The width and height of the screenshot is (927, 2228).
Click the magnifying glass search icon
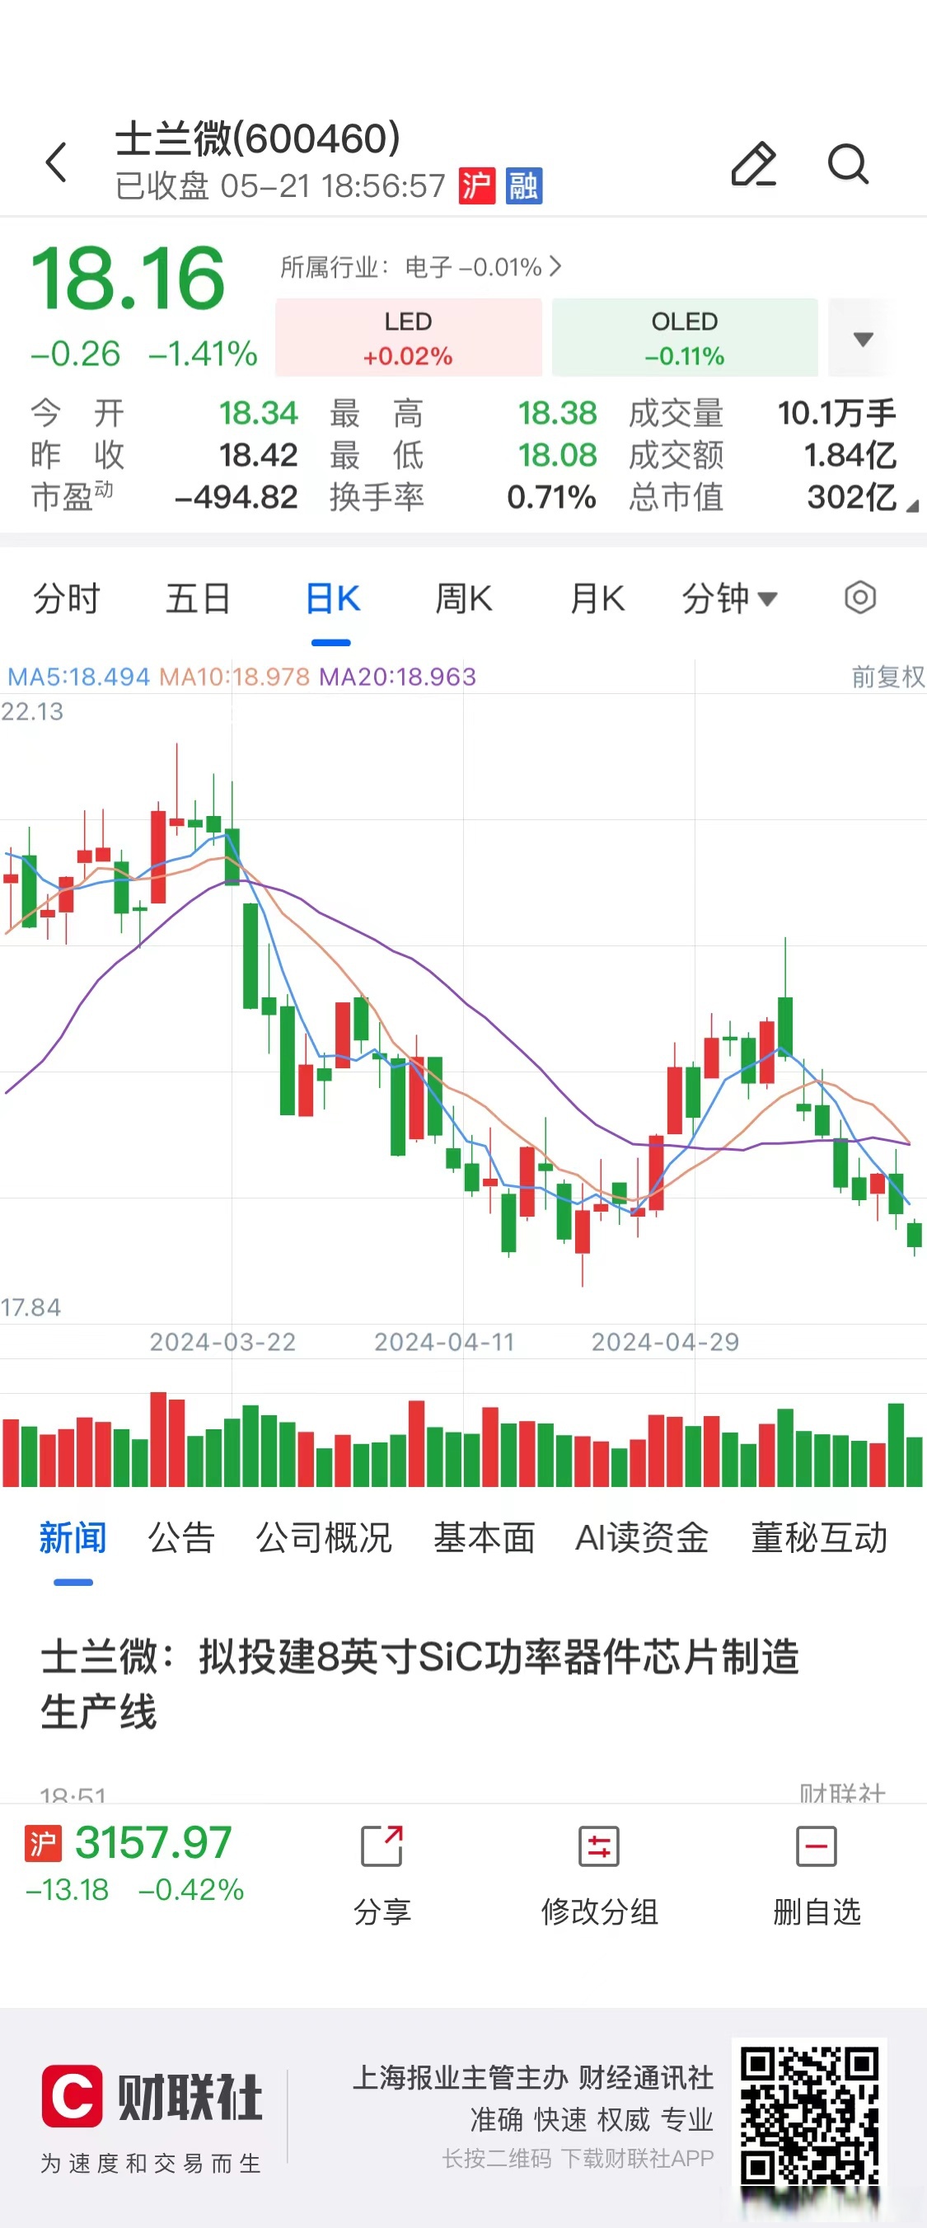tap(847, 163)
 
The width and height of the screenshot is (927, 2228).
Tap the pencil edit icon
tap(753, 163)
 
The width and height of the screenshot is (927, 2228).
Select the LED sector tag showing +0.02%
tap(408, 338)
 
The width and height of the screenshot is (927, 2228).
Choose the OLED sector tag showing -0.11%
tap(684, 338)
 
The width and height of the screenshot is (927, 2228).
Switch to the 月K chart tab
tap(597, 598)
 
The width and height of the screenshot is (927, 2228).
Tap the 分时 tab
tap(67, 598)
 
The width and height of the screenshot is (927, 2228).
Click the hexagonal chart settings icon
tap(859, 598)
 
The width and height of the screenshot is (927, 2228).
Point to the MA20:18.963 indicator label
tap(398, 677)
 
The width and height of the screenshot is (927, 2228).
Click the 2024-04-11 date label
tap(443, 1341)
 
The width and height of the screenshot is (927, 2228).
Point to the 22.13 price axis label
tap(32, 712)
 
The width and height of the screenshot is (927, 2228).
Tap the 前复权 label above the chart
tap(887, 677)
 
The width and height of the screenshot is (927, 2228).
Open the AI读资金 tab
tap(642, 1538)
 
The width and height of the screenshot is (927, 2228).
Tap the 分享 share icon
tap(382, 1846)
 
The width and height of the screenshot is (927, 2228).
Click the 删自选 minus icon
tap(816, 1846)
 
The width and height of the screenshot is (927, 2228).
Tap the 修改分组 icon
tap(598, 1846)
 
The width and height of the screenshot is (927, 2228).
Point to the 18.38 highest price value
tap(557, 414)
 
